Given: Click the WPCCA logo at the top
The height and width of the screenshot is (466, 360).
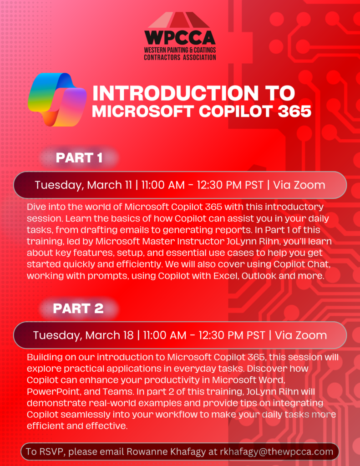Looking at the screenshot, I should click(x=180, y=36).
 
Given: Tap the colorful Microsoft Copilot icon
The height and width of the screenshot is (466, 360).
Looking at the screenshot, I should click(x=57, y=99).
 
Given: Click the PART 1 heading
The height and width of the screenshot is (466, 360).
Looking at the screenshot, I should click(x=79, y=158).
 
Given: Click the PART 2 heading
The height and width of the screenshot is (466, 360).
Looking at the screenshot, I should click(x=78, y=308).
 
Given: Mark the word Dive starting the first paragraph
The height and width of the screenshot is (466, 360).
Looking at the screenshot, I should click(x=36, y=207).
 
